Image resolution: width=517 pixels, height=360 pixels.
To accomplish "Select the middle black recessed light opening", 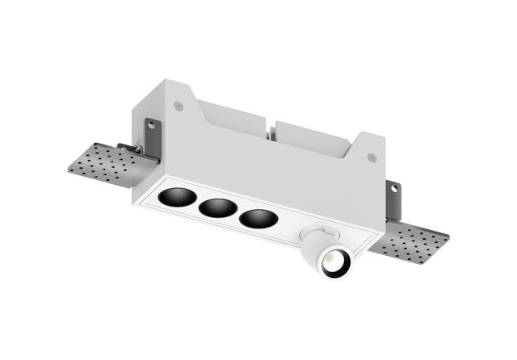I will click(216, 207).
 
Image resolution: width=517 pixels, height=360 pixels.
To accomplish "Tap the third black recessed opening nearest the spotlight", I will click(258, 218).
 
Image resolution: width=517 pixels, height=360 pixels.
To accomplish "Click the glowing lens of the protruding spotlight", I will click(333, 262).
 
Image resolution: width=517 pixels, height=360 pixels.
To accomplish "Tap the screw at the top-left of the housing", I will click(179, 105).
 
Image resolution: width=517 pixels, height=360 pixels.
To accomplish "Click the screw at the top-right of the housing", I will click(372, 157).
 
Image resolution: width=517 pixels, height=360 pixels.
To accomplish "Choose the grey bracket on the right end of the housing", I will click(393, 199).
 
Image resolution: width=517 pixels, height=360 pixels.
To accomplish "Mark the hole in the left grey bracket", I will click(150, 125).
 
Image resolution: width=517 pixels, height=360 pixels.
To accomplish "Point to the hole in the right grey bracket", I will click(394, 189).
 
